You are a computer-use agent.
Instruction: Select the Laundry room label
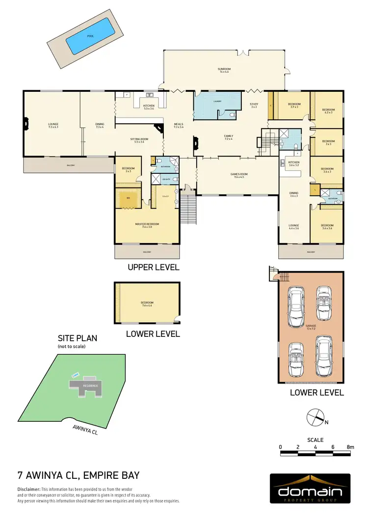217,102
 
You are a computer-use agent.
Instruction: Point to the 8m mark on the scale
350,447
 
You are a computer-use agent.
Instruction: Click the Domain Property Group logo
310,489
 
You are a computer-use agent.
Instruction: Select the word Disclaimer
28,490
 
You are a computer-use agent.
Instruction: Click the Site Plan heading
78,338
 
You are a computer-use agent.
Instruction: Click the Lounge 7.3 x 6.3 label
53,126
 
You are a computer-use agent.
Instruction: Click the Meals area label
179,126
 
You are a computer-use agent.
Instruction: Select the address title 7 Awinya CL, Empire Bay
79,475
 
